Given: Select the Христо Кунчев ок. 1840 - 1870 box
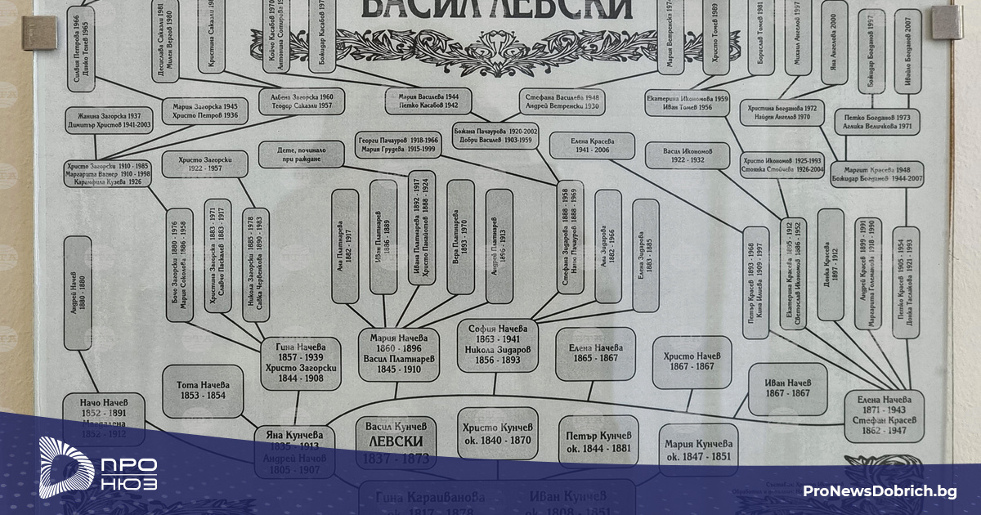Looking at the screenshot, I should point(497,433).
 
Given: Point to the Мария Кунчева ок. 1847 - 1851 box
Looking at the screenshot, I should point(698,449).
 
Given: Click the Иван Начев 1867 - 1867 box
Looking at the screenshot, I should point(787,388).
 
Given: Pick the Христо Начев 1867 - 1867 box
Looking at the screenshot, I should point(692,361).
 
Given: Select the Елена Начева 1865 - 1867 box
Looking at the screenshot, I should point(595,353).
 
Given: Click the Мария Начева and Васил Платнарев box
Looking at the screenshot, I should point(399,353).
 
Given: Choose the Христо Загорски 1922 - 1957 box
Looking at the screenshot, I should point(204,163).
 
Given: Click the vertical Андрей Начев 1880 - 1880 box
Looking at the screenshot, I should point(78,293).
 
